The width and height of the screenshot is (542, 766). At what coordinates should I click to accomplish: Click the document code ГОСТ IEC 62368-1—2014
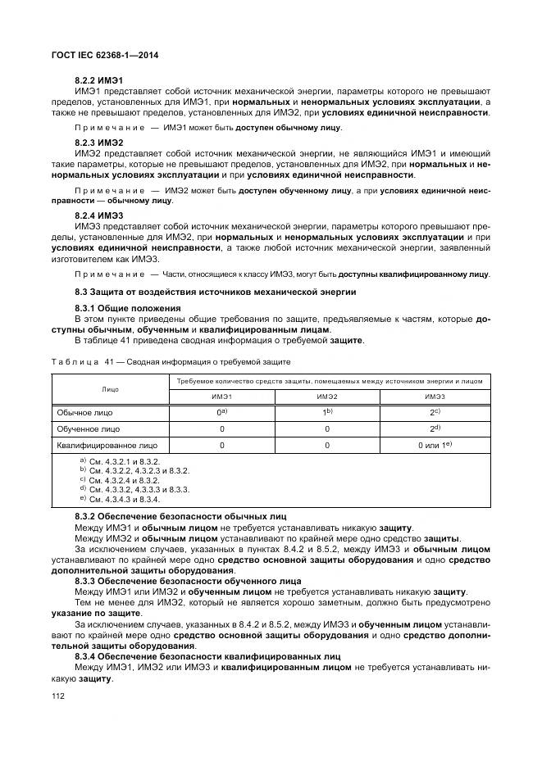point(104,55)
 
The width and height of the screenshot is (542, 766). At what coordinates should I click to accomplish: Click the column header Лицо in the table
point(111,389)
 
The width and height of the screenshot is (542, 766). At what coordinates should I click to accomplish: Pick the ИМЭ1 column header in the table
point(221,397)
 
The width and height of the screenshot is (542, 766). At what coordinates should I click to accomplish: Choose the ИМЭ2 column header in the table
point(327,397)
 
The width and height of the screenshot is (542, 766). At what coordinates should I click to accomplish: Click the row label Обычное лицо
point(85,413)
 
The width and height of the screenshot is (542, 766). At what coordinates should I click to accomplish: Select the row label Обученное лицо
point(89,428)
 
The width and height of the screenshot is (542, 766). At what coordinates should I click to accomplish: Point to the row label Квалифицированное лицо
point(107,446)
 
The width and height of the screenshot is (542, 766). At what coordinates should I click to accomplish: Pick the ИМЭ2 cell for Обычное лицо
point(327,413)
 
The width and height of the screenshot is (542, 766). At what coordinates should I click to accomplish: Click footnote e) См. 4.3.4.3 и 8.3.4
point(120,499)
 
